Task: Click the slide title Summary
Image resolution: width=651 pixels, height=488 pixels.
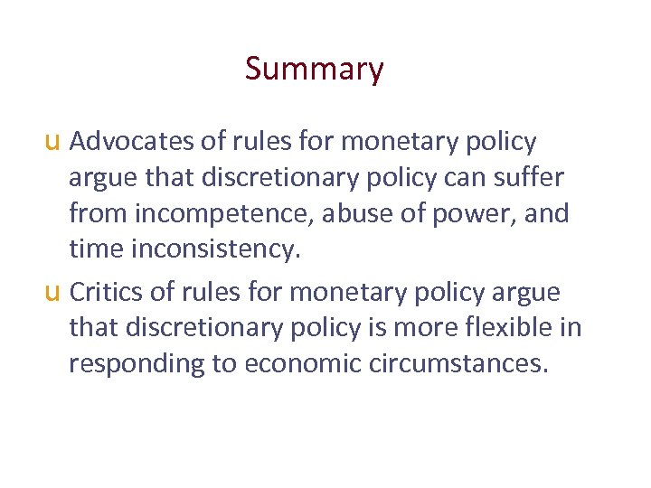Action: pos(314,69)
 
